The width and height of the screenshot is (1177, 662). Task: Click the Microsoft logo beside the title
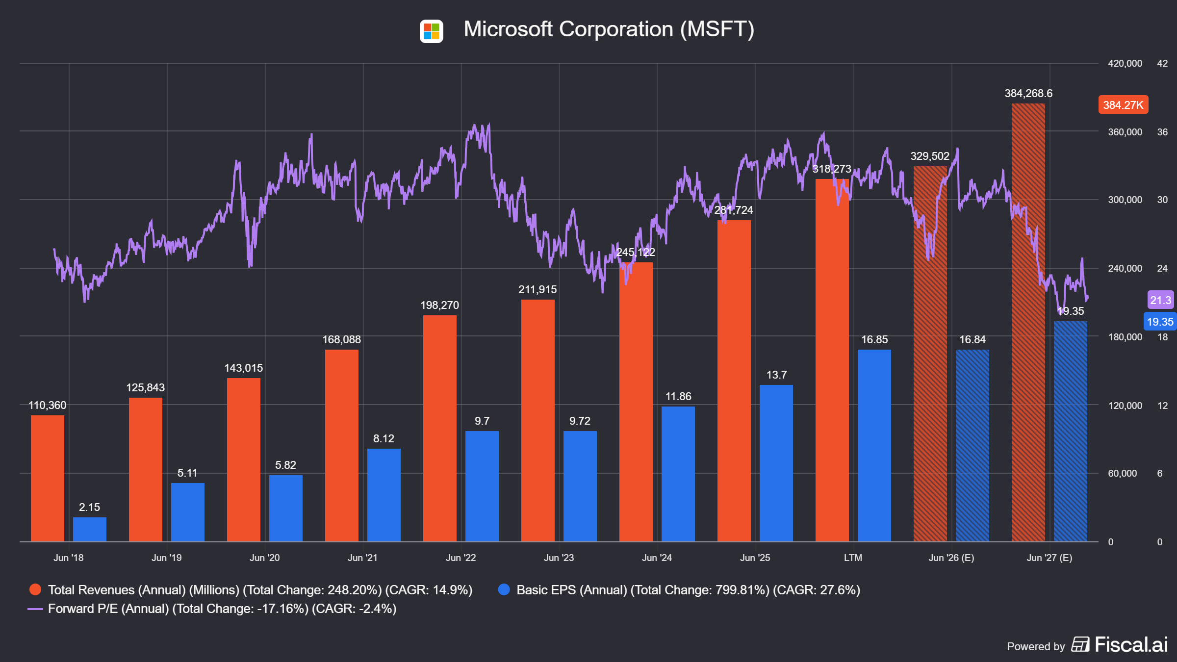tap(431, 31)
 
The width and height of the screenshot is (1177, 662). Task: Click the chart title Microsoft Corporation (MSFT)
tap(609, 29)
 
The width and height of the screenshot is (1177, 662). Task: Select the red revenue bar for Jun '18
tap(48, 478)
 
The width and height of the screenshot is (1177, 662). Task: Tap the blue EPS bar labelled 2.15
tap(90, 529)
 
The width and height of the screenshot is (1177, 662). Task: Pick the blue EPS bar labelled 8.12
tap(384, 495)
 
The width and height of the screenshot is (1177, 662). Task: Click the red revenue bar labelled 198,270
tap(440, 428)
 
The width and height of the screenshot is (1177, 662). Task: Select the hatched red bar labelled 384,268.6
tap(1028, 322)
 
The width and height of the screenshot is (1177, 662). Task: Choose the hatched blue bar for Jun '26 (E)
tap(972, 445)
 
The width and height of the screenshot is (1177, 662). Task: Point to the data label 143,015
tap(244, 368)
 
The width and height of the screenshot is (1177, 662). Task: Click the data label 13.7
tap(776, 375)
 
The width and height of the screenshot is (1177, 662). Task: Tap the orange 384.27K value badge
tap(1123, 104)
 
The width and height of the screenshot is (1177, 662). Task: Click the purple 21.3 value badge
tap(1160, 300)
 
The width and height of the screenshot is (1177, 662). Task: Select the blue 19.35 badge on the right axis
tap(1160, 322)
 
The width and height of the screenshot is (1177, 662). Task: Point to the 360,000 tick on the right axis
tap(1125, 132)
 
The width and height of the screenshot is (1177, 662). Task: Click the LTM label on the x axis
tap(853, 558)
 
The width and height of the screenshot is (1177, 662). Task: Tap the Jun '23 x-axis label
tap(559, 558)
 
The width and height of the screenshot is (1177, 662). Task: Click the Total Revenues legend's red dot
tap(35, 589)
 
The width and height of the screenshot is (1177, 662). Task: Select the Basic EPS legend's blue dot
tap(504, 589)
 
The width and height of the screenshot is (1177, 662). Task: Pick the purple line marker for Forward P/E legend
tap(35, 609)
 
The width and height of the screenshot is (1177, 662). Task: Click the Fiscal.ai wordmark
tap(1131, 644)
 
